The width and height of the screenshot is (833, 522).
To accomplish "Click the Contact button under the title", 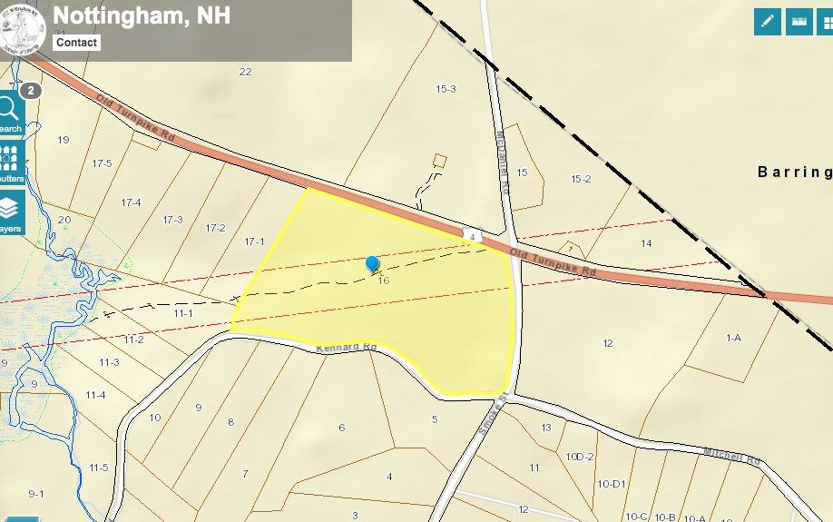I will (76, 43).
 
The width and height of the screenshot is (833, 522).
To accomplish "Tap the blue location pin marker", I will (372, 264).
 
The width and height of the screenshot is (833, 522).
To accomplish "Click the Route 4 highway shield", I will (472, 235).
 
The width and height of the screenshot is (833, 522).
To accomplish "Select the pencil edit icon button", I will (768, 22).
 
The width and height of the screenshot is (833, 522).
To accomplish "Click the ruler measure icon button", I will (799, 22).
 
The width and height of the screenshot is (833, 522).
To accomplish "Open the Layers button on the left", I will (10, 214).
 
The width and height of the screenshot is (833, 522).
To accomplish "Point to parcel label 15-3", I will (446, 89).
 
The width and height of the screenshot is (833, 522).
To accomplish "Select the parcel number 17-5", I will (102, 163).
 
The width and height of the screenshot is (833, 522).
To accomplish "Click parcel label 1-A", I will (733, 338).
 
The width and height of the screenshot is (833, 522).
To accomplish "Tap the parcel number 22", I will (245, 72).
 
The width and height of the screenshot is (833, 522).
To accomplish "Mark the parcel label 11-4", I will (95, 395).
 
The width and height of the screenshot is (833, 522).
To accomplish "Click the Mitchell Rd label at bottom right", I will (730, 455).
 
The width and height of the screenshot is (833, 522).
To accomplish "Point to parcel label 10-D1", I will (612, 484).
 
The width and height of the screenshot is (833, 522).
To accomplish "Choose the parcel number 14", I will (646, 242).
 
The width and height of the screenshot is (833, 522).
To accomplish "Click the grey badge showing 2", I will (31, 91).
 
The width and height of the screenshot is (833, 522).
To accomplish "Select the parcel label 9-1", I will (36, 493).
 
